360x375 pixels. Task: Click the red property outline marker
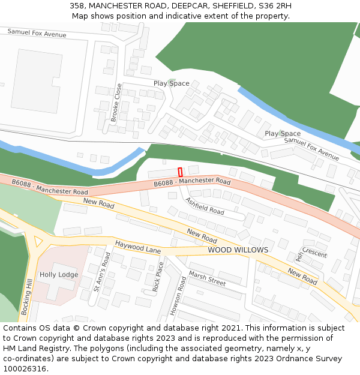(x=180, y=172)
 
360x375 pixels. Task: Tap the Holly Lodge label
(x=59, y=275)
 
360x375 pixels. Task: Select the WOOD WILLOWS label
(x=238, y=250)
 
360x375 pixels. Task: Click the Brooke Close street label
(x=116, y=103)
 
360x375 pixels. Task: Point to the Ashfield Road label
(x=204, y=206)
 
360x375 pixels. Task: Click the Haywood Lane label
(x=138, y=247)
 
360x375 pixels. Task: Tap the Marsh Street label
(x=207, y=278)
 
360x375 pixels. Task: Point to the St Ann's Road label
(x=102, y=272)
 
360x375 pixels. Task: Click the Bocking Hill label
(x=26, y=298)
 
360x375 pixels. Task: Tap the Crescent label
(x=314, y=253)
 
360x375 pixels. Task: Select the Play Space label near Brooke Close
(x=171, y=83)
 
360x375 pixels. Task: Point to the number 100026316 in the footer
(x=24, y=369)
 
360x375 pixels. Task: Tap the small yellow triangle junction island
(x=39, y=241)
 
